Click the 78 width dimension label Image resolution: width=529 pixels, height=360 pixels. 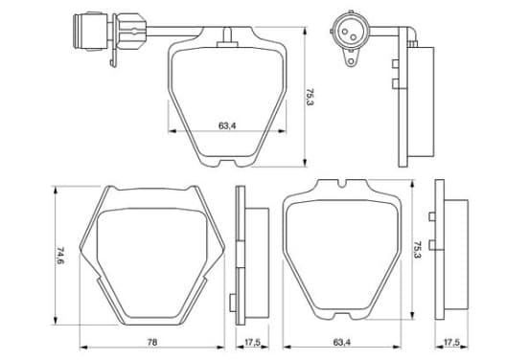point(152,342)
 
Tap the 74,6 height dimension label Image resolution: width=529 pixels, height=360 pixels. point(60,256)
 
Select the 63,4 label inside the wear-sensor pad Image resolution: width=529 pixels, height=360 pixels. point(227,125)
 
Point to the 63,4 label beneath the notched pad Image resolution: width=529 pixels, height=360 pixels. point(342,342)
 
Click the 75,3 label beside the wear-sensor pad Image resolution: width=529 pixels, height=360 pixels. point(310,97)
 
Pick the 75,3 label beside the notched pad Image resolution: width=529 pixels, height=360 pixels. point(418,250)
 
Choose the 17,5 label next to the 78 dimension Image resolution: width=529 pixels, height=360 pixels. point(252,342)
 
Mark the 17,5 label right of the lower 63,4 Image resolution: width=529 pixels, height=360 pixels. point(451,342)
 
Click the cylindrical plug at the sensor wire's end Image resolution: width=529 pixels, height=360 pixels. point(90,32)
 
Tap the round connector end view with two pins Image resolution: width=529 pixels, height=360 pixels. point(350,33)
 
